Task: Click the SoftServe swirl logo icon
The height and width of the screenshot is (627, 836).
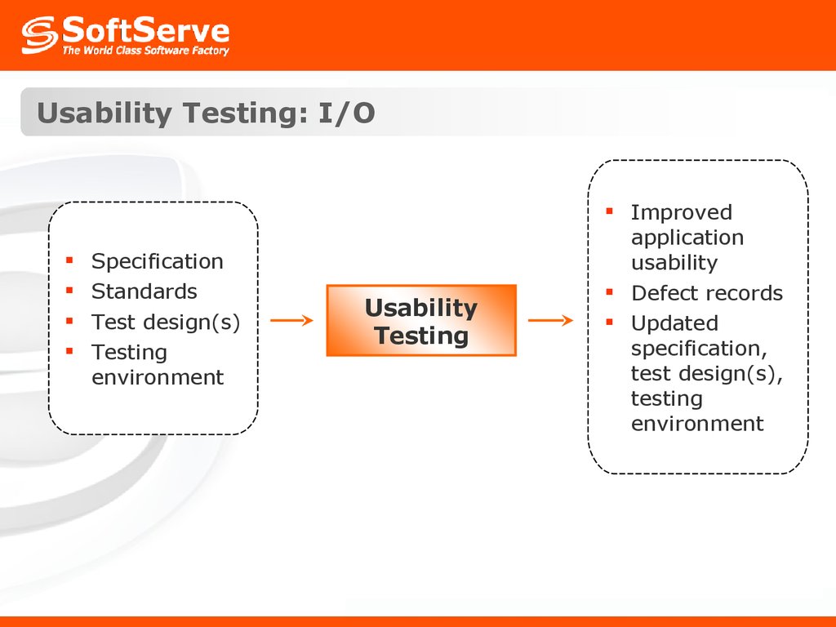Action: point(39,35)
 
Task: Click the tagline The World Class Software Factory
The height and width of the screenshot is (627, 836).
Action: point(145,51)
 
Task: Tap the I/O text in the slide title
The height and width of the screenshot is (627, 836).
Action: point(346,113)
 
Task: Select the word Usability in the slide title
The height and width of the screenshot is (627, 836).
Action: point(104,113)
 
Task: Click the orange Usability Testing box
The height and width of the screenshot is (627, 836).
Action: point(421,320)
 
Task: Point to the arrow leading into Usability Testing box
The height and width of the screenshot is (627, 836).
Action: point(291,320)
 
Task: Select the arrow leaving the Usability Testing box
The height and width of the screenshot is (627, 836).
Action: point(551,320)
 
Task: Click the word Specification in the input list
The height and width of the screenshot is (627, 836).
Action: point(158,261)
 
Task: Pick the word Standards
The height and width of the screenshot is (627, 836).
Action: point(145,291)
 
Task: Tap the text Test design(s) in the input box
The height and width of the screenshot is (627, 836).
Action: point(166,322)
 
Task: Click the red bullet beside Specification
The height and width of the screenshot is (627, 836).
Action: point(69,260)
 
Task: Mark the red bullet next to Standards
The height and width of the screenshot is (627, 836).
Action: point(69,290)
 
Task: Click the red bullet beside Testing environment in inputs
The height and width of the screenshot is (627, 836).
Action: point(69,351)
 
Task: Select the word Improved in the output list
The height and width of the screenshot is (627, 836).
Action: point(682,213)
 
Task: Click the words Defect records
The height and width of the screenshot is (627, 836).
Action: point(707,293)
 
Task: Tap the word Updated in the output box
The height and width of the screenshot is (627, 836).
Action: point(674,323)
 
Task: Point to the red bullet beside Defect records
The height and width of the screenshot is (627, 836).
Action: point(610,291)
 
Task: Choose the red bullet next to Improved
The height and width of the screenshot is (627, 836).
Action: point(610,211)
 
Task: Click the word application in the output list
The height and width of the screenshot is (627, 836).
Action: point(687,238)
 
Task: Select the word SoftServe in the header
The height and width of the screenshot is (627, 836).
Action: point(146,30)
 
